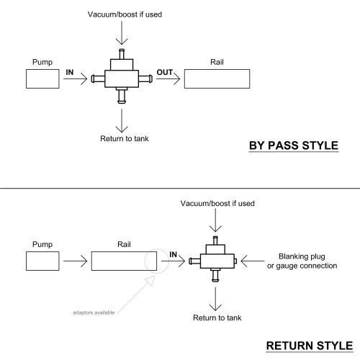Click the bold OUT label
tap(164, 72)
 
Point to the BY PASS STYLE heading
tap(294, 145)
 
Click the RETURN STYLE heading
tap(310, 346)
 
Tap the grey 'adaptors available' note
tap(94, 312)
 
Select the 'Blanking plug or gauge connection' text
tap(302, 261)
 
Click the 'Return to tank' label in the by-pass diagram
tap(125, 138)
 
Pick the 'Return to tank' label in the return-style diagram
tap(217, 318)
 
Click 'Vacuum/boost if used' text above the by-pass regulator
tap(125, 14)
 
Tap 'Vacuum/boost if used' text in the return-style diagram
tap(217, 204)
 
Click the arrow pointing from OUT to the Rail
tap(168, 78)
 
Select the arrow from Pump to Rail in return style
tap(75, 261)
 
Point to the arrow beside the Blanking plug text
tap(253, 261)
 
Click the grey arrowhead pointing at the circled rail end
tap(150, 281)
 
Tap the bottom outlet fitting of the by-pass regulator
tap(122, 96)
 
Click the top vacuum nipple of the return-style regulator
tap(215, 240)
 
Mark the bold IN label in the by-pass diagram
tap(70, 72)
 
